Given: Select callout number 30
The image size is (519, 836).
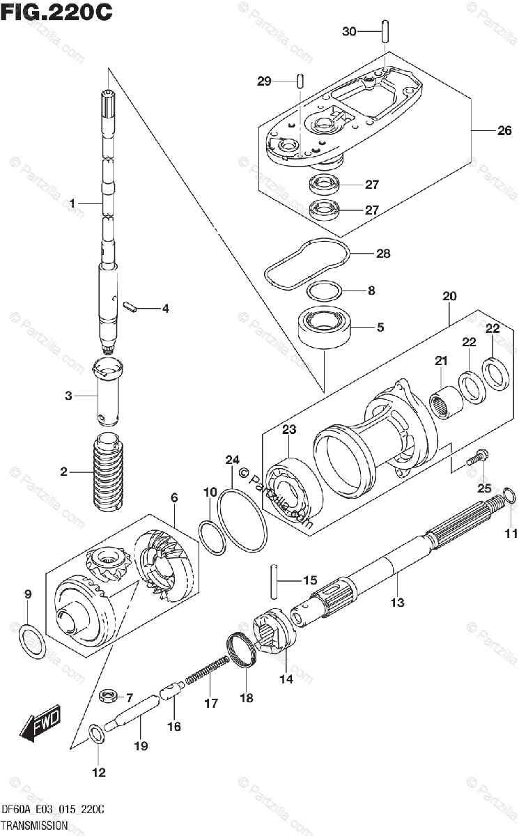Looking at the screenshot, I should (349, 31).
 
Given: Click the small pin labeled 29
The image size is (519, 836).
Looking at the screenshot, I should (298, 80).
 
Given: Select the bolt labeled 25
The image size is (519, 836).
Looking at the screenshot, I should (478, 460).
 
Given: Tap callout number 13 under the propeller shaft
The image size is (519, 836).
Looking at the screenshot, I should (397, 603).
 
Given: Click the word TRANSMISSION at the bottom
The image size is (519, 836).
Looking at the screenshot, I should (35, 825).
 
